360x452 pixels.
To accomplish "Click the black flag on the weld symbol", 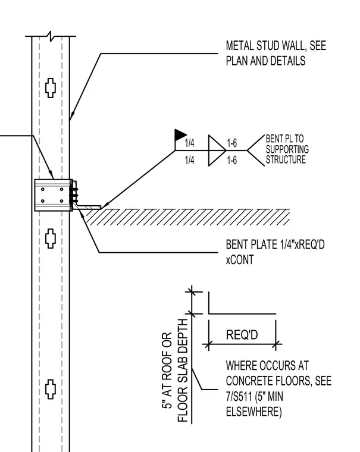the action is pos(180,134).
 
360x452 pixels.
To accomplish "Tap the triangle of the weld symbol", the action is pos(217,150).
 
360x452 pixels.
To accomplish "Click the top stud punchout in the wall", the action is pos(51,88).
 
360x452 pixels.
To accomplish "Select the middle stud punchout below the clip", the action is pos(51,238).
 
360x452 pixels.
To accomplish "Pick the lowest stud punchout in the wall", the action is pos(51,389).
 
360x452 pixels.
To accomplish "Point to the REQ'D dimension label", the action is pos(242,335).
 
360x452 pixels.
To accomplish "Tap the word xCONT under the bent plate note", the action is pos(240,260).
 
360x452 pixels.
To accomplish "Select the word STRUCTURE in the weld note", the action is pos(286,159).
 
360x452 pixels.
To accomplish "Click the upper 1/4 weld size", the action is pos(189,143).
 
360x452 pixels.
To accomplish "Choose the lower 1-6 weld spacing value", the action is pos(232,160).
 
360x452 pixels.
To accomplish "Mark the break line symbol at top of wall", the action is pos(51,36).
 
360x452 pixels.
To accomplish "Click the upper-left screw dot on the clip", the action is pos(43,189).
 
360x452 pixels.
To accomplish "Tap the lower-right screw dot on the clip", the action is pos(61,201).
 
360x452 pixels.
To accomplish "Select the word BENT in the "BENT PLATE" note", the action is pos(237,244).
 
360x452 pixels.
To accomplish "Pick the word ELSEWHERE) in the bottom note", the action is pos(254,412).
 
